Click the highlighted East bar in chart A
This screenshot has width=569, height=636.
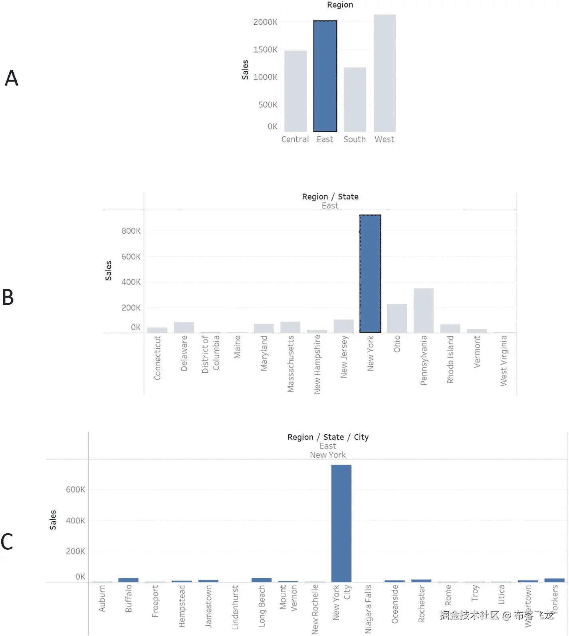coord(325,76)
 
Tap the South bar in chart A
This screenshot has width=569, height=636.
coord(355,99)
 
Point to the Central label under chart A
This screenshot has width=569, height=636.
coord(295,139)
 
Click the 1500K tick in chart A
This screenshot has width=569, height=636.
coord(265,50)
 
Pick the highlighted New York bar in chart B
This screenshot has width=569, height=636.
coord(370,274)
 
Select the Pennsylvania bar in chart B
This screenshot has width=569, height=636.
coord(423,310)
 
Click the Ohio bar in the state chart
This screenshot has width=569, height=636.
coord(397,318)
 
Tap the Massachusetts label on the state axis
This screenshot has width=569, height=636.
coord(291,364)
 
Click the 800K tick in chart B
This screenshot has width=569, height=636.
coord(131,231)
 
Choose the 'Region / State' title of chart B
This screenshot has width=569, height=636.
coord(330,197)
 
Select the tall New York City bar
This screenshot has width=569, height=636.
coord(341,523)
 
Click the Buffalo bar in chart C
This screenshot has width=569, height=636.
coord(128,580)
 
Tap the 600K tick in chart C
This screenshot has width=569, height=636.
coord(75,489)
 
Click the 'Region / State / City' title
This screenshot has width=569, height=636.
coord(328,437)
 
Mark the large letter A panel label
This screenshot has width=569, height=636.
coord(12,78)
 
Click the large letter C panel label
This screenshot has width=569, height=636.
coord(7,542)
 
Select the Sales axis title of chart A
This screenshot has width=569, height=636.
coord(245,70)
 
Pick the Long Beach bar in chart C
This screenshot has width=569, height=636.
coord(262,580)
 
